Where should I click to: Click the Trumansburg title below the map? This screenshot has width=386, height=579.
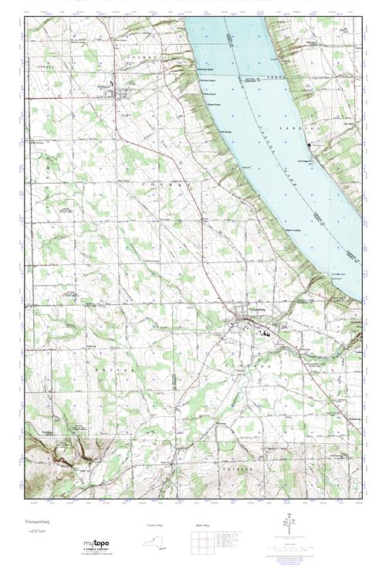(x=41, y=511)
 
